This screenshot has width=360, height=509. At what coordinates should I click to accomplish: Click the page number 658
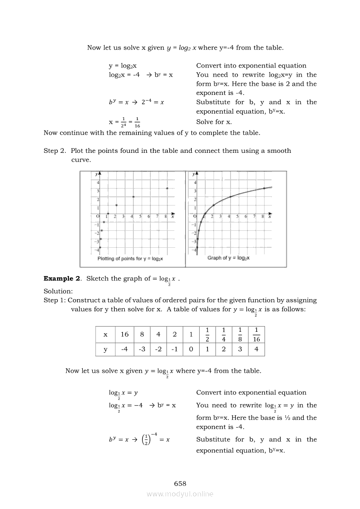point(180,484)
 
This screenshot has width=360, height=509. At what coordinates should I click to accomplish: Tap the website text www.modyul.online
point(180,494)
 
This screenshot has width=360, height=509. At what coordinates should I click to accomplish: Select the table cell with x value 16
point(125,334)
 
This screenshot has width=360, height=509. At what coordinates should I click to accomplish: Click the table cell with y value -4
point(125,349)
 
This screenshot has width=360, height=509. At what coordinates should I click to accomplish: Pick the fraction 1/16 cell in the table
point(256,334)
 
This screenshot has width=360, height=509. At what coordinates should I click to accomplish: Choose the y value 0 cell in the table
point(190,349)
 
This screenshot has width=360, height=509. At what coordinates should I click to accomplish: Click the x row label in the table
point(105,334)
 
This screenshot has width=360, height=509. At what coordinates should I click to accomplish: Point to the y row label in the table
point(105,349)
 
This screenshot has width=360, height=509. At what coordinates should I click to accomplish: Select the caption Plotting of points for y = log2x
point(130,259)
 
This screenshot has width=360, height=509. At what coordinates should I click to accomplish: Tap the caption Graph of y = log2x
point(228,258)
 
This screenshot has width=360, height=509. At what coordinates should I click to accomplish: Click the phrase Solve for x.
point(214,122)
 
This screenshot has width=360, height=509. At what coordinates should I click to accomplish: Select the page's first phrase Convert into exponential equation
point(251,66)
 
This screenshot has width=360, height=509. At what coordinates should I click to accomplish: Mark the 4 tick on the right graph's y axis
point(195,183)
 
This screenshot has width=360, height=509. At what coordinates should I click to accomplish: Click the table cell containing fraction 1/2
point(207,334)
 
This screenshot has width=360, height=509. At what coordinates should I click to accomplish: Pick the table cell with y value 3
point(240,349)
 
